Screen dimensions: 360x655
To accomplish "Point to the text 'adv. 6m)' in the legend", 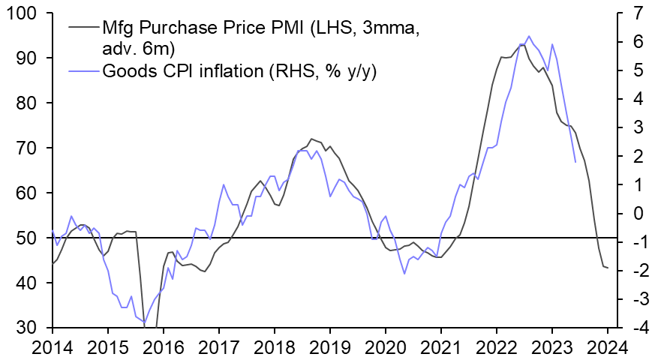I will tap(136, 49).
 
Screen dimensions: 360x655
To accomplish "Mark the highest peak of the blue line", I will tap(529, 36).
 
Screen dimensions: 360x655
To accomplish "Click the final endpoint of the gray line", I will tap(607, 268).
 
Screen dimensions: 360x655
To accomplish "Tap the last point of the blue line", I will tap(575, 162).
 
